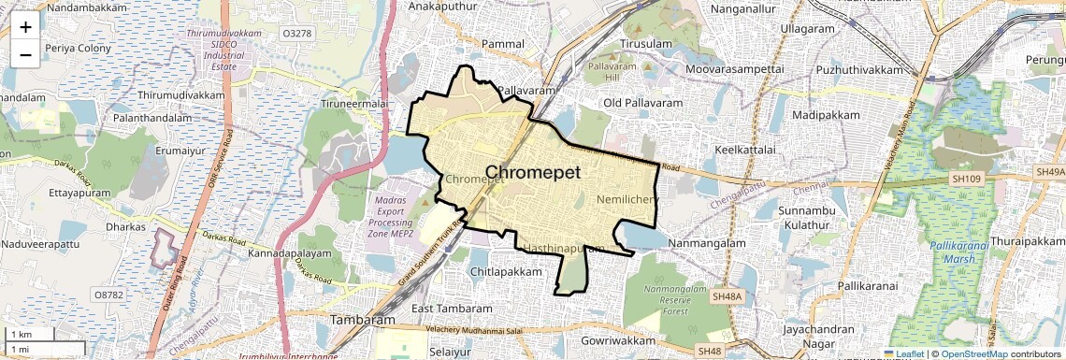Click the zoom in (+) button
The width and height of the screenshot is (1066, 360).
25,26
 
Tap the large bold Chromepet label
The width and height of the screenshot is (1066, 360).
533,173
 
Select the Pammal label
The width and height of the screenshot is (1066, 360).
503,44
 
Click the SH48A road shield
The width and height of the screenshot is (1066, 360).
726,296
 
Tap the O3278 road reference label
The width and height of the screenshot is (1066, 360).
296,34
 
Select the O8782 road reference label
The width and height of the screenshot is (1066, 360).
108,294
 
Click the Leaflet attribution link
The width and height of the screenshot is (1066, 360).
903,354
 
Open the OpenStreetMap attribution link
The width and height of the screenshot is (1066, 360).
974,354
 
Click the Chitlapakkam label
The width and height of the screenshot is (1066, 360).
506,271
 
